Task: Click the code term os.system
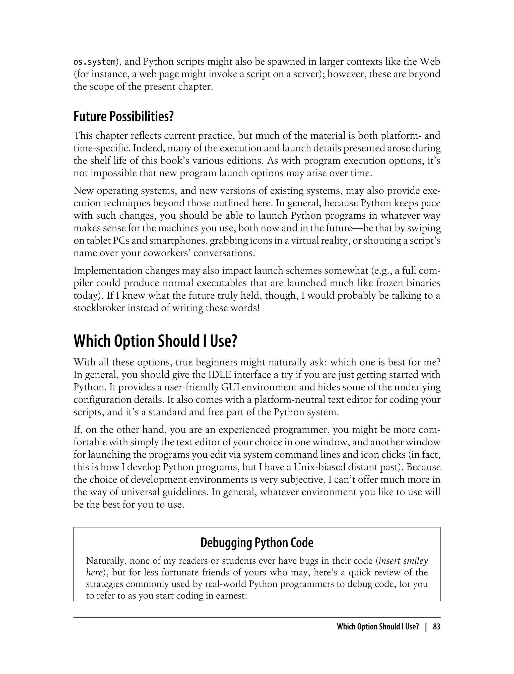94,62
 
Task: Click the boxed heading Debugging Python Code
257,543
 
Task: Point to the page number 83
437,627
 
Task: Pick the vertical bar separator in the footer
426,627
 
